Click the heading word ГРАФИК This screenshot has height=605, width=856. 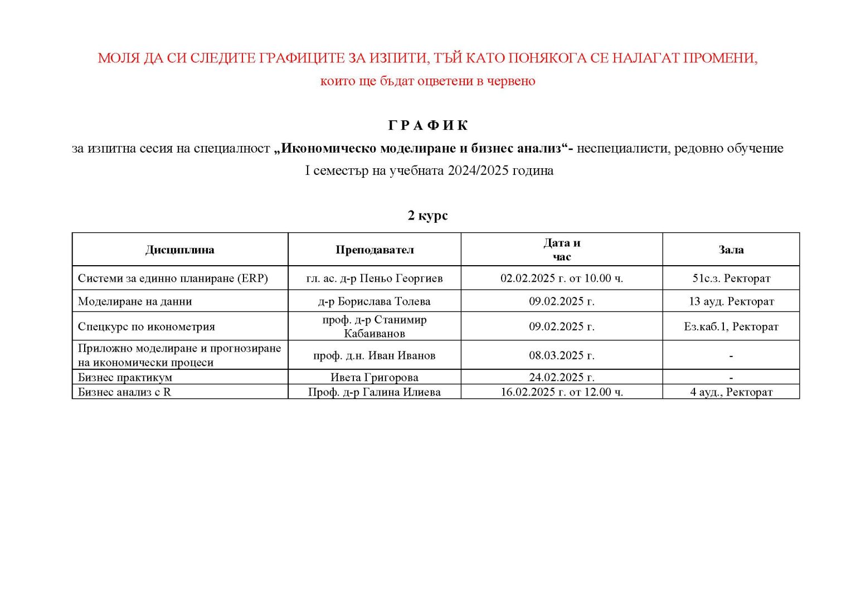(x=427, y=125)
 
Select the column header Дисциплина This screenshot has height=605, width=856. (x=179, y=250)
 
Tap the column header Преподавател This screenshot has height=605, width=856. (x=374, y=250)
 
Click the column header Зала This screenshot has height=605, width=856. (x=731, y=250)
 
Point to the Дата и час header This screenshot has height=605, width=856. (x=562, y=250)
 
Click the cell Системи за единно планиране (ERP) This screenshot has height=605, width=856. (x=173, y=278)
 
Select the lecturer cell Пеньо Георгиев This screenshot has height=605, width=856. (x=374, y=278)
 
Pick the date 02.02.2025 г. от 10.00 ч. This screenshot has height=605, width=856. (x=562, y=278)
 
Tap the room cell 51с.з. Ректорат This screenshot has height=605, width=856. (x=731, y=278)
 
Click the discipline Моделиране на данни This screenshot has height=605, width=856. (x=135, y=301)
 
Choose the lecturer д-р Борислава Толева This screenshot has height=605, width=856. (x=374, y=301)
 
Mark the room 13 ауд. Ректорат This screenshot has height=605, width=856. (x=731, y=301)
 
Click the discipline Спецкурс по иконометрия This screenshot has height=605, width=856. (x=147, y=326)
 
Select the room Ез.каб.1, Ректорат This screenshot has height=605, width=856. (x=731, y=326)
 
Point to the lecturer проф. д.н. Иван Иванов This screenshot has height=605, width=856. (x=374, y=355)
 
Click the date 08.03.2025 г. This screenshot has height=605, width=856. (x=562, y=355)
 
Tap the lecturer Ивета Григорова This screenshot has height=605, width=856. (x=374, y=377)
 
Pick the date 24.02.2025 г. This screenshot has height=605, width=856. (x=562, y=377)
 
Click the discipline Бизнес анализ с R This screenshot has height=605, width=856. (x=124, y=392)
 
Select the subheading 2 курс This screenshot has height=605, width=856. (x=427, y=215)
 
